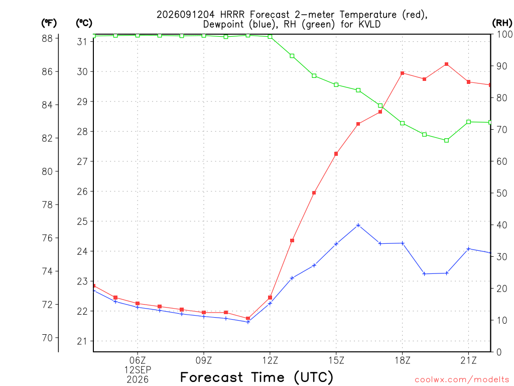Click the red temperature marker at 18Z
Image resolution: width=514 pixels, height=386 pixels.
point(402,73)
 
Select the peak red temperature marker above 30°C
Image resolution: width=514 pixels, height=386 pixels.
point(446,64)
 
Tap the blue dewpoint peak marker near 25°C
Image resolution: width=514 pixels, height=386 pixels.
point(358,225)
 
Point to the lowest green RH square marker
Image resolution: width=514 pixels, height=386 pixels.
point(446,141)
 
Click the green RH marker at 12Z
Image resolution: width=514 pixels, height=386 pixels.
point(270,37)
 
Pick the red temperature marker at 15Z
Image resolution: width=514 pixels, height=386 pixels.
point(336,154)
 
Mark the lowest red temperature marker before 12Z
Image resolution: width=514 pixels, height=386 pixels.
point(248,318)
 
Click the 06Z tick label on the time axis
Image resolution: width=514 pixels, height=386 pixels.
point(138,361)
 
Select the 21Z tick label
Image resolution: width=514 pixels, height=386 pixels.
point(468,361)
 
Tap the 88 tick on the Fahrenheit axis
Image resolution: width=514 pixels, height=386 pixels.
point(47,38)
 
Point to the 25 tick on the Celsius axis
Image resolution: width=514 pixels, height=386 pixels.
point(82,222)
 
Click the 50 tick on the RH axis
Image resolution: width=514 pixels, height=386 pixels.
point(501,194)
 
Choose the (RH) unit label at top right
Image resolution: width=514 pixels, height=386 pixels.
point(502,23)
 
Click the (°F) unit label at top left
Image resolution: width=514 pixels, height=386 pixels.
point(49,23)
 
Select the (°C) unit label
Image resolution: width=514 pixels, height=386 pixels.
point(84,23)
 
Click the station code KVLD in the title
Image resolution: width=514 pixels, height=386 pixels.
point(368,24)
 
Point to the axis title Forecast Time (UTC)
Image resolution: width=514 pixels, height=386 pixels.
point(256,377)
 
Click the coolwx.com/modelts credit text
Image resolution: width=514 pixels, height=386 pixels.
point(462,380)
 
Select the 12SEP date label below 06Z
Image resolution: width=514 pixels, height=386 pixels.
point(138,370)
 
